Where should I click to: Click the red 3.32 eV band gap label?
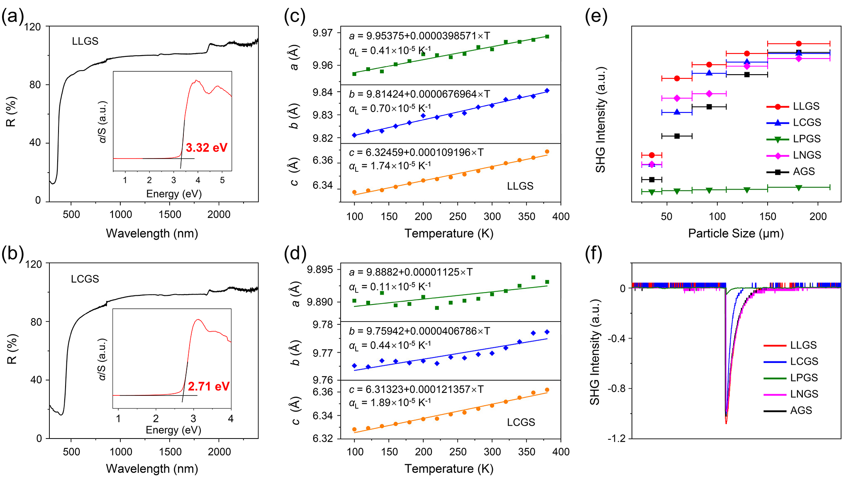point(206,148)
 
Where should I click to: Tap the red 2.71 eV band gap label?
point(208,387)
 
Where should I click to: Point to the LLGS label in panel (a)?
point(85,41)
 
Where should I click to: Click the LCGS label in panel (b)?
point(85,279)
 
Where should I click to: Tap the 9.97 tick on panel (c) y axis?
point(322,33)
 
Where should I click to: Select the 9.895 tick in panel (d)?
point(319,270)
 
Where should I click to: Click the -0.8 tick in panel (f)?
point(617,389)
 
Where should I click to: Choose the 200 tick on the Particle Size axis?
point(818,217)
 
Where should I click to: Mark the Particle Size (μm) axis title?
point(735,233)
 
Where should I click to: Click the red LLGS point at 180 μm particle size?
point(799,44)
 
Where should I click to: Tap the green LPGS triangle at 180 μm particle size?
point(799,188)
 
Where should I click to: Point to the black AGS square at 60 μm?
point(677,136)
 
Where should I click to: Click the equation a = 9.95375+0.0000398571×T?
point(419,36)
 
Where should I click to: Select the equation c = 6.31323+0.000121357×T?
point(416,390)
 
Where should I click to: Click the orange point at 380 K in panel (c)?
point(547,152)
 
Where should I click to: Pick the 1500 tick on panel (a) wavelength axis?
point(170,214)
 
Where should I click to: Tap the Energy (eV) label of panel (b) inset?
point(173,430)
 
